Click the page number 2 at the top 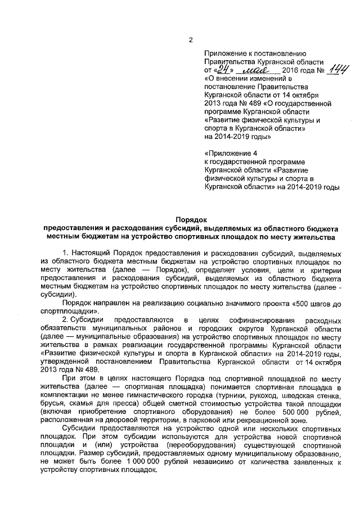pyautogui.click(x=191, y=40)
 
